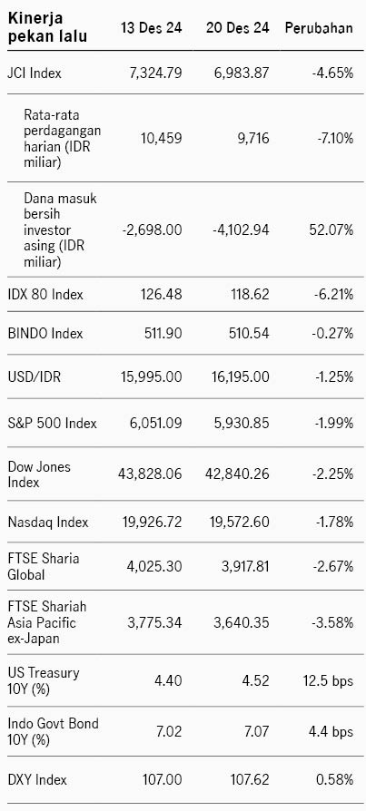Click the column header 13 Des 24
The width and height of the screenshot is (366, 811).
pos(151,28)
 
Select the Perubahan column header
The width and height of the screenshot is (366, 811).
pos(319,28)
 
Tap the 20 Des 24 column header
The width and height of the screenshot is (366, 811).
pos(238,28)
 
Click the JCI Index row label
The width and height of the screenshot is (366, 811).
pos(35,73)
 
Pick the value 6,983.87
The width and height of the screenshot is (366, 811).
pos(242,73)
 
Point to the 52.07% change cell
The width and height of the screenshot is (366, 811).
pos(332,230)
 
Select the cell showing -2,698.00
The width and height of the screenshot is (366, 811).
pos(153,230)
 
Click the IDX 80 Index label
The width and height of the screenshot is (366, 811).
pos(45,295)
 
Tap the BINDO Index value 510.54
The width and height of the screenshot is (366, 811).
pos(249,334)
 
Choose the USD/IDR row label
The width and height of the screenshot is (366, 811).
pos(34,377)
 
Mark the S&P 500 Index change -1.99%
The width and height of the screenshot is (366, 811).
pos(334,424)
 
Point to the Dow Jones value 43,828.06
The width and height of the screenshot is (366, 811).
pos(152,474)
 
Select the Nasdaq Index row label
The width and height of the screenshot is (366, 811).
pos(47,522)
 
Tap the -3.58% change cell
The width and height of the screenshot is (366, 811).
pos(333,622)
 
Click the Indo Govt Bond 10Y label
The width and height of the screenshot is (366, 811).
pos(53,732)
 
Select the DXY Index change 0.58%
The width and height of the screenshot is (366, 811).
pos(334,779)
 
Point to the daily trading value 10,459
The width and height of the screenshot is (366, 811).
pos(161,138)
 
